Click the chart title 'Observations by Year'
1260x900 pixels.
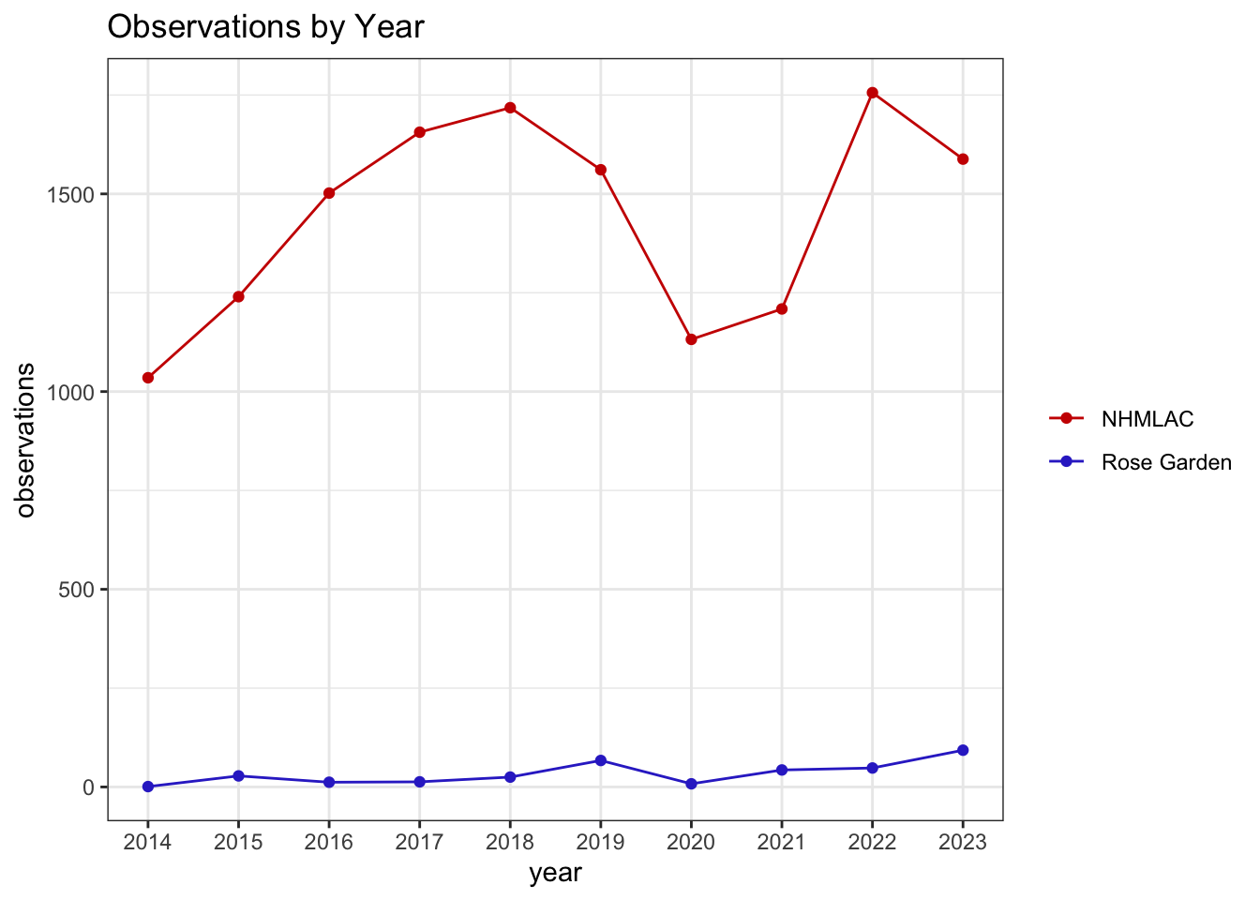265,27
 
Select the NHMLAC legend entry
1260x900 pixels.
1121,419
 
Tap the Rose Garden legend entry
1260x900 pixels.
1140,462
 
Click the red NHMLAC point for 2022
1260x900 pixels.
873,93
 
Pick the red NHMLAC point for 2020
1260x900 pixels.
691,339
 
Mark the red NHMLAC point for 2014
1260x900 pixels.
148,378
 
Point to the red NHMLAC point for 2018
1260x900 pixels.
510,108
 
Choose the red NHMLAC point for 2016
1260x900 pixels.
329,193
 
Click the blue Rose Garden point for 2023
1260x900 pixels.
963,750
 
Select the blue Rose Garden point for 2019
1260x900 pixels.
601,760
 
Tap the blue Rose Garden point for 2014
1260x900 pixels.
148,787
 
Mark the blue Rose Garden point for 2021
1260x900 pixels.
782,770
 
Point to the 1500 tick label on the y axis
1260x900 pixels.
69,195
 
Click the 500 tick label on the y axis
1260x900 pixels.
76,590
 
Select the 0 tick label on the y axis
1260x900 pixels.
88,787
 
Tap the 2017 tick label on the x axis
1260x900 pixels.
419,842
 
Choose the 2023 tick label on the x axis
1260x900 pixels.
963,842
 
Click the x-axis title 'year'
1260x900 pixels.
555,874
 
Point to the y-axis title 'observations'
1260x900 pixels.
24,440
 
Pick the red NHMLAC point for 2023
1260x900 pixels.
963,159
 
